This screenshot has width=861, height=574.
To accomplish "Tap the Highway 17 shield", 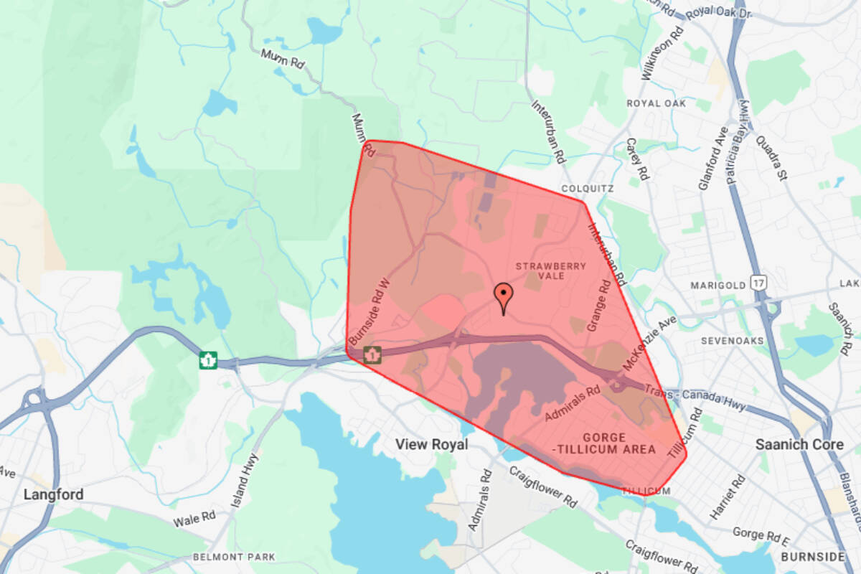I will (758, 283).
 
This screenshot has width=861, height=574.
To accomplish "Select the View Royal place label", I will (432, 445).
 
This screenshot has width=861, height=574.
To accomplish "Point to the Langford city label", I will (53, 494).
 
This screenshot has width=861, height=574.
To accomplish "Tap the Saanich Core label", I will (799, 445).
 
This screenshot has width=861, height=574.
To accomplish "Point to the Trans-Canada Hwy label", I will (707, 398).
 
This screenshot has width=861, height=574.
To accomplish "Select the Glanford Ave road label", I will (713, 159).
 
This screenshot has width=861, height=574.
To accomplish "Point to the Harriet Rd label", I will (719, 495).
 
